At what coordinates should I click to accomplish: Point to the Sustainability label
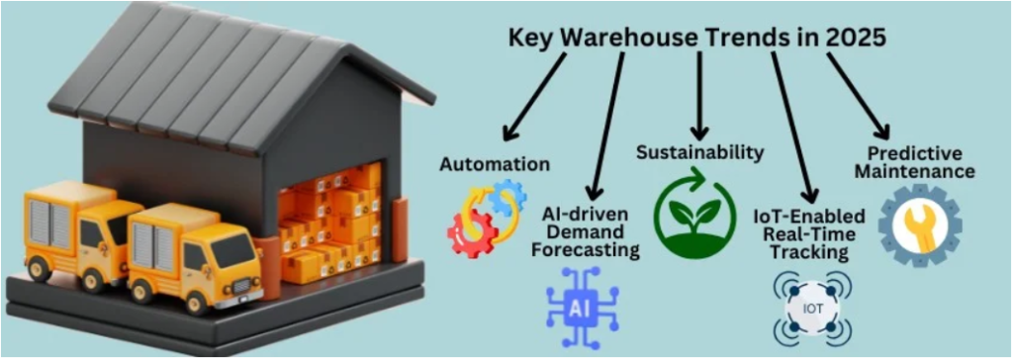tap(699, 152)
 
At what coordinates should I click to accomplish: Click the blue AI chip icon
tap(582, 306)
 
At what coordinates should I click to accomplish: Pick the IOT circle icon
tap(810, 310)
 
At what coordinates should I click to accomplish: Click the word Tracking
tap(810, 252)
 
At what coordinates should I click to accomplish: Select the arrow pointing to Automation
tap(534, 98)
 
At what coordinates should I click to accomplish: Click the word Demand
tap(590, 231)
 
